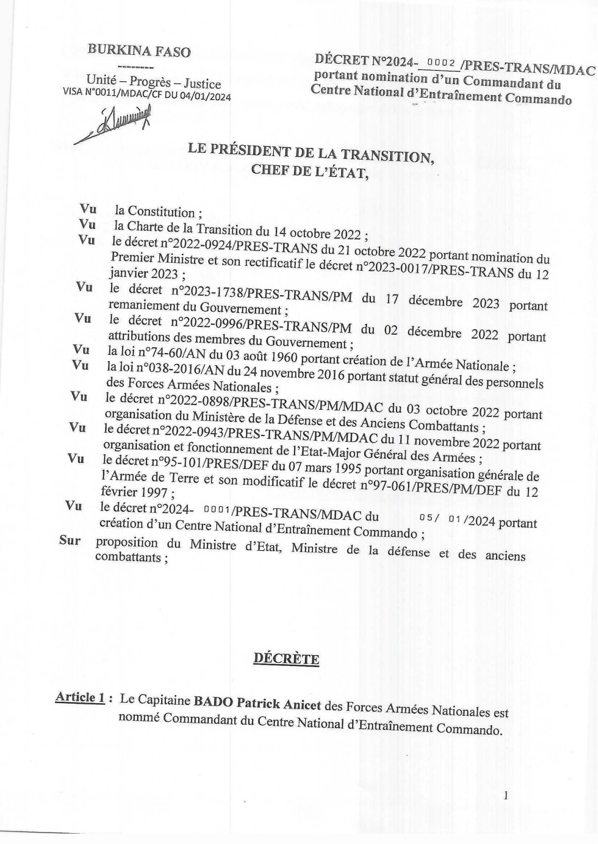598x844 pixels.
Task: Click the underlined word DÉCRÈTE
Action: pyautogui.click(x=286, y=659)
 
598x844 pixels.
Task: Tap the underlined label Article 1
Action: pyautogui.click(x=79, y=697)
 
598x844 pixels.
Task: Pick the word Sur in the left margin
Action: pyautogui.click(x=70, y=540)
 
